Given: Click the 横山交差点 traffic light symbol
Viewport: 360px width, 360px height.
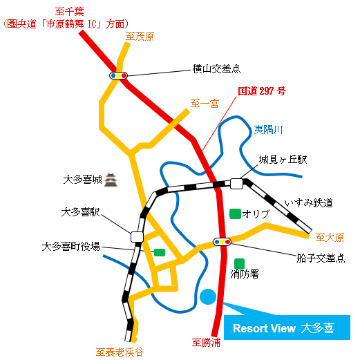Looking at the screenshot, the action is click(118, 75).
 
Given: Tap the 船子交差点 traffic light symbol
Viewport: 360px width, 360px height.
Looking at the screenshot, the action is click(222, 242).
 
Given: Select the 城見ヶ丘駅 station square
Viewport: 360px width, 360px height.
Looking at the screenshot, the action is click(236, 184).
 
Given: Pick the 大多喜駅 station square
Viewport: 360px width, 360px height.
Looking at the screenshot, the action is click(137, 237).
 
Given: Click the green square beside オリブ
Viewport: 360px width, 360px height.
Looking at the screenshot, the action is click(235, 214).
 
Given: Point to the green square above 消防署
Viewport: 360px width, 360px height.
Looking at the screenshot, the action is click(239, 264).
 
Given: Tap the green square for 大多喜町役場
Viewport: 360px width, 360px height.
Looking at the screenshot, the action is click(160, 252).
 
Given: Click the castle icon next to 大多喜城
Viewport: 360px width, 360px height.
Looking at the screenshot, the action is click(111, 180).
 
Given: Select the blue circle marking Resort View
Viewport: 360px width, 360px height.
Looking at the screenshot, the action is click(208, 296).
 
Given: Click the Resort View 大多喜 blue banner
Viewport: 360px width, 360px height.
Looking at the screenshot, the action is click(287, 328).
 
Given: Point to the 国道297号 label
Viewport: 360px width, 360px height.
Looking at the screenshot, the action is click(262, 91).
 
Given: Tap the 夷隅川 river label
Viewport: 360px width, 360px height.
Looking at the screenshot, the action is click(268, 130).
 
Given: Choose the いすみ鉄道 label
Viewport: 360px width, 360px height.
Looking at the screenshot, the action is click(309, 203).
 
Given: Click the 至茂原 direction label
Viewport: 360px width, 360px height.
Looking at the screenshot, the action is click(140, 37).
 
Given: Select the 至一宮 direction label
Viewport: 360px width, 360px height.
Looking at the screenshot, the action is click(205, 104).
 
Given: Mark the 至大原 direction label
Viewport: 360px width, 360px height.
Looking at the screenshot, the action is click(330, 238).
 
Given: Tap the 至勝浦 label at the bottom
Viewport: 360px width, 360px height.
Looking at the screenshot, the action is click(206, 343).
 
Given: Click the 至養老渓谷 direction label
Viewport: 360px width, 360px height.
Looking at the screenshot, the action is click(120, 352).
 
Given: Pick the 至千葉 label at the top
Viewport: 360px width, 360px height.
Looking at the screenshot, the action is click(69, 12).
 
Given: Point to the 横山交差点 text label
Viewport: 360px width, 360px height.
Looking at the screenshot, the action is click(216, 68).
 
